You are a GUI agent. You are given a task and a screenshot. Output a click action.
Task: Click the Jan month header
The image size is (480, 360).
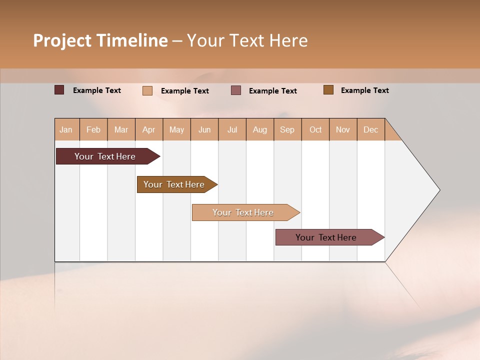pyautogui.click(x=66, y=129)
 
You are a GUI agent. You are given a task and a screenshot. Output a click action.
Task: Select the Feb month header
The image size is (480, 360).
pyautogui.click(x=93, y=129)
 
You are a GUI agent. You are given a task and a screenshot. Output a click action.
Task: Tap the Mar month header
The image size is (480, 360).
pyautogui.click(x=121, y=129)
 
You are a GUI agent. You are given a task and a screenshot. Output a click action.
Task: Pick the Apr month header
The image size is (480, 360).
pyautogui.click(x=149, y=129)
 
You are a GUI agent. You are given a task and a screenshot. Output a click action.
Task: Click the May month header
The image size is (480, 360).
pyautogui.click(x=176, y=129)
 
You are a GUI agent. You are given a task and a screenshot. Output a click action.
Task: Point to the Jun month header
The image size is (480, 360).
pyautogui.click(x=204, y=129)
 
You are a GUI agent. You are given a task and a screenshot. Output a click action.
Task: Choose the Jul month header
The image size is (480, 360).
pyautogui.click(x=232, y=129)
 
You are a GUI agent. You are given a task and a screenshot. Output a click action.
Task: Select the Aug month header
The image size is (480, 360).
pyautogui.click(x=260, y=129)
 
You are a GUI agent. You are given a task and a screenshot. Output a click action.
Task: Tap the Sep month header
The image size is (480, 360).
pyautogui.click(x=287, y=129)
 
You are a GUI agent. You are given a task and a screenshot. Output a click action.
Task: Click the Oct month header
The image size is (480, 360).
pyautogui.click(x=315, y=129)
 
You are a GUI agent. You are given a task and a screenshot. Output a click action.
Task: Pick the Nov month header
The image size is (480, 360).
pyautogui.click(x=343, y=129)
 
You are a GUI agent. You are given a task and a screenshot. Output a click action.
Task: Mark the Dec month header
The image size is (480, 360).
pyautogui.click(x=371, y=129)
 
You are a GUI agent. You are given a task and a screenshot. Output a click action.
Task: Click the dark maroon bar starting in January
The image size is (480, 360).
pyautogui.click(x=105, y=156)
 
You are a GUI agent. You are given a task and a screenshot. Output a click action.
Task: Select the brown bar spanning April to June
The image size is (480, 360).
pyautogui.click(x=174, y=184)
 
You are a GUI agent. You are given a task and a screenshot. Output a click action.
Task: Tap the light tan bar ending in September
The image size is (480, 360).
pyautogui.click(x=243, y=212)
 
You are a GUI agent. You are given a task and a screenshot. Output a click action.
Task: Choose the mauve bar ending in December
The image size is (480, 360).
pyautogui.click(x=326, y=237)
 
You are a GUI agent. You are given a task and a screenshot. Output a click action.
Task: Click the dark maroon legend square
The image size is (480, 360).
pyautogui.click(x=59, y=90)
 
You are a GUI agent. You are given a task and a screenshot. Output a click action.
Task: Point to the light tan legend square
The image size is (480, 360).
pyautogui.click(x=147, y=90)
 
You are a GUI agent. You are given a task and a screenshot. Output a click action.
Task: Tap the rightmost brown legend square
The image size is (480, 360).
pyautogui.click(x=328, y=90)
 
